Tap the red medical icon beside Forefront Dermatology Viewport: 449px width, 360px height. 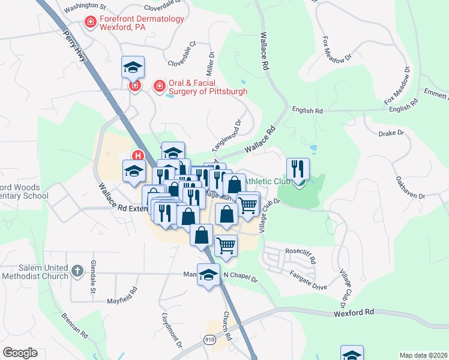pyautogui.click(x=91, y=22)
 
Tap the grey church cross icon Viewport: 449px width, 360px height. pyautogui.click(x=76, y=271)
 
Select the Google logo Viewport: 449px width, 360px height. pyautogui.click(x=20, y=353)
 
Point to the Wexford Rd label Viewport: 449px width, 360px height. pyautogui.click(x=354, y=313)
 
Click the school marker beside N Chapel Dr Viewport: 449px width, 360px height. pyautogui.click(x=208, y=275)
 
